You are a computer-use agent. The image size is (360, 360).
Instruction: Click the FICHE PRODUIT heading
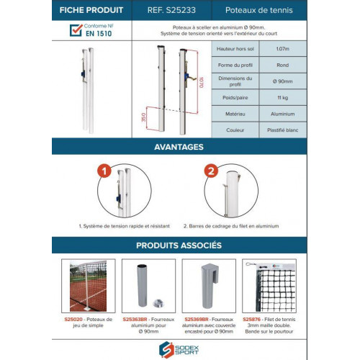point(87,11)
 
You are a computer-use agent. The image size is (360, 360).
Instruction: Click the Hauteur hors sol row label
point(235,49)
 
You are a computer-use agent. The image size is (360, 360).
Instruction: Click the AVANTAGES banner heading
point(179,146)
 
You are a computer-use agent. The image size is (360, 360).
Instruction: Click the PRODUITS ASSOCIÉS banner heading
point(179,245)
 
